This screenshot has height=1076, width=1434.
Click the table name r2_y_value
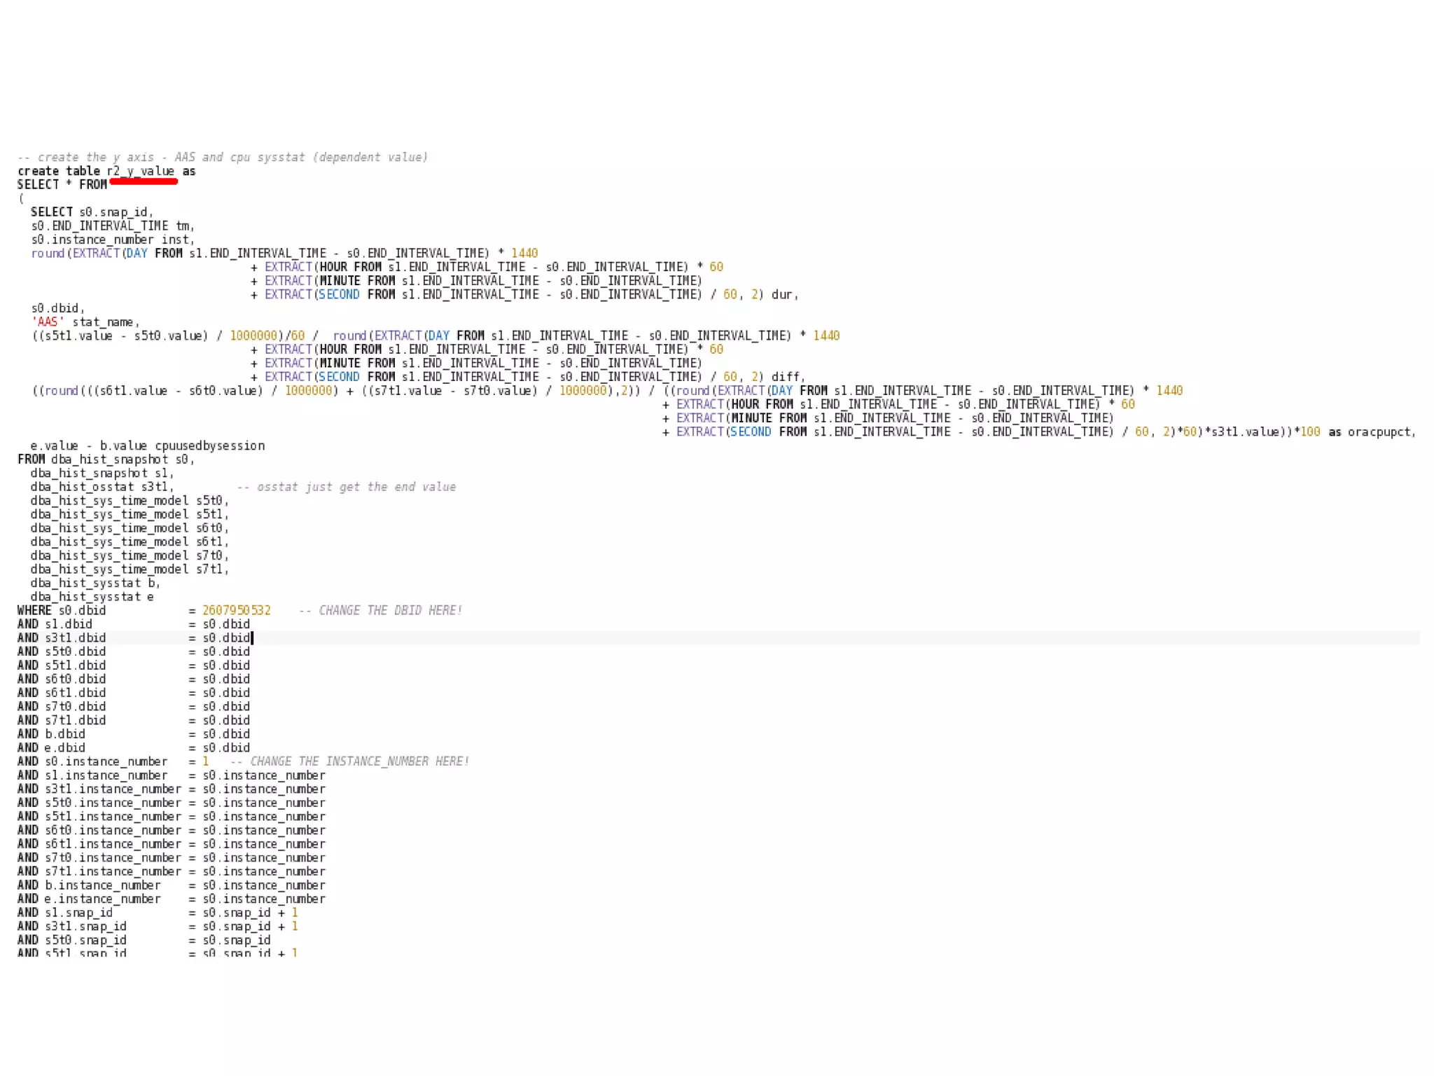tap(141, 171)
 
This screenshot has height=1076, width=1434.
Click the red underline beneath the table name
tap(144, 182)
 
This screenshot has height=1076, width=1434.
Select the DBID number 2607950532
tap(236, 610)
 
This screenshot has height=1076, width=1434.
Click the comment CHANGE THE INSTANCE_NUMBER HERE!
tap(359, 761)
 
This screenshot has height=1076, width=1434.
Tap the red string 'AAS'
tap(48, 322)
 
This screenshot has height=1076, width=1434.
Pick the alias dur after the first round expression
tap(782, 295)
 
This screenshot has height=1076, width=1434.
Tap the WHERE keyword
tap(34, 610)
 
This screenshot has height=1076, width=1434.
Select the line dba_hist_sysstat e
tap(92, 597)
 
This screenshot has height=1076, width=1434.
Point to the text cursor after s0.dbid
tap(252, 637)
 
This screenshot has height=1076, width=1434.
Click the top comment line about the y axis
tap(223, 157)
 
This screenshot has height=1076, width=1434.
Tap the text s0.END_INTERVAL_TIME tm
tap(111, 226)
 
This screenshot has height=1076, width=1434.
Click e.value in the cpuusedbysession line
tap(54, 446)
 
